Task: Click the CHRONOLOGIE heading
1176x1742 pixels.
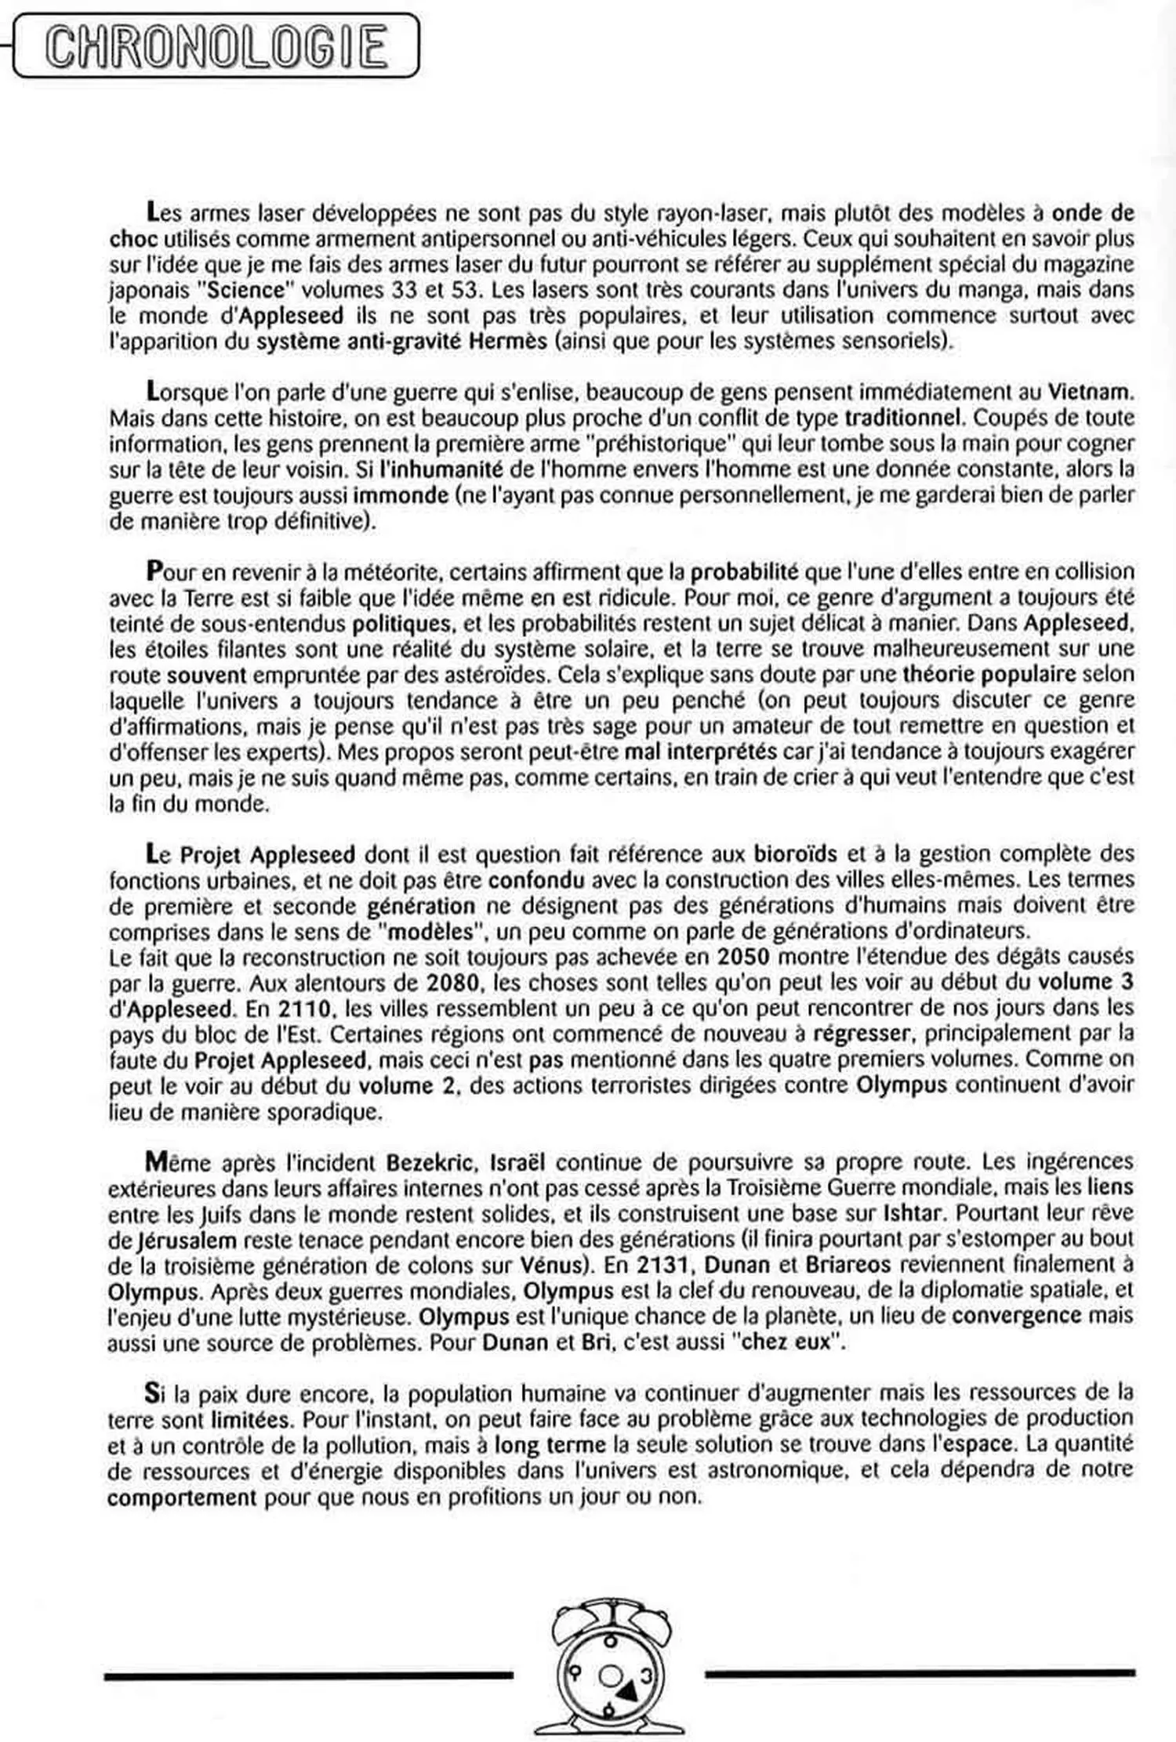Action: [216, 48]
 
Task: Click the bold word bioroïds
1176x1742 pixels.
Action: [795, 853]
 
